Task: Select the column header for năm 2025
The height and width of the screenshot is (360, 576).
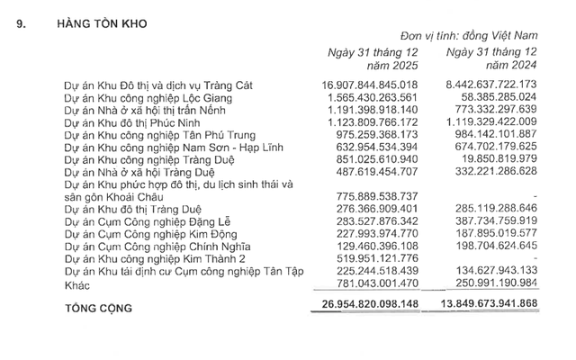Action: click(x=369, y=60)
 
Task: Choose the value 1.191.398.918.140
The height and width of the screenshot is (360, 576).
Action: click(x=373, y=110)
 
